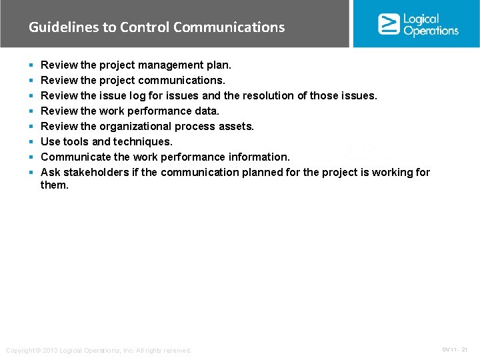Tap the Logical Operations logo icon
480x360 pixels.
pos(389,24)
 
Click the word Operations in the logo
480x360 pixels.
pos(431,31)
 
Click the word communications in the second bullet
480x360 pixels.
pos(187,81)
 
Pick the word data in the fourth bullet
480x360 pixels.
pos(207,111)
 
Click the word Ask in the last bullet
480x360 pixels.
pos(51,173)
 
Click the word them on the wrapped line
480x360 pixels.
pos(55,185)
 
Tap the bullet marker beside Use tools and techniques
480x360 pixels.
pos(31,142)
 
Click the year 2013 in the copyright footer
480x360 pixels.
pos(49,351)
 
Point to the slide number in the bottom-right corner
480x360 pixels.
pos(455,350)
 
